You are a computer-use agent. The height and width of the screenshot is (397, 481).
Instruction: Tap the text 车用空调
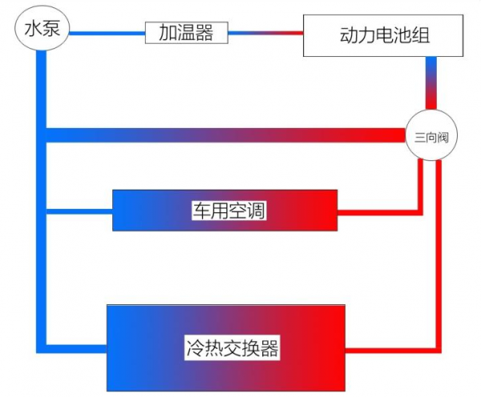(228, 211)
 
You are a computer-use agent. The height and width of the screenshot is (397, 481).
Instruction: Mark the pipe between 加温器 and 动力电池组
(265, 32)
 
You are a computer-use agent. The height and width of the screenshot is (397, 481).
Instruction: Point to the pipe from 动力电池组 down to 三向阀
(431, 84)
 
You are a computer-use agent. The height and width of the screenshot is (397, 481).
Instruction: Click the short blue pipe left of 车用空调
(80, 211)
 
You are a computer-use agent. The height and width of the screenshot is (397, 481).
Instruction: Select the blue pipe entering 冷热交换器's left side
(76, 348)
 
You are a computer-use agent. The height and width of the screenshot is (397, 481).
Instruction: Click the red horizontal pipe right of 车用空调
(377, 211)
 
